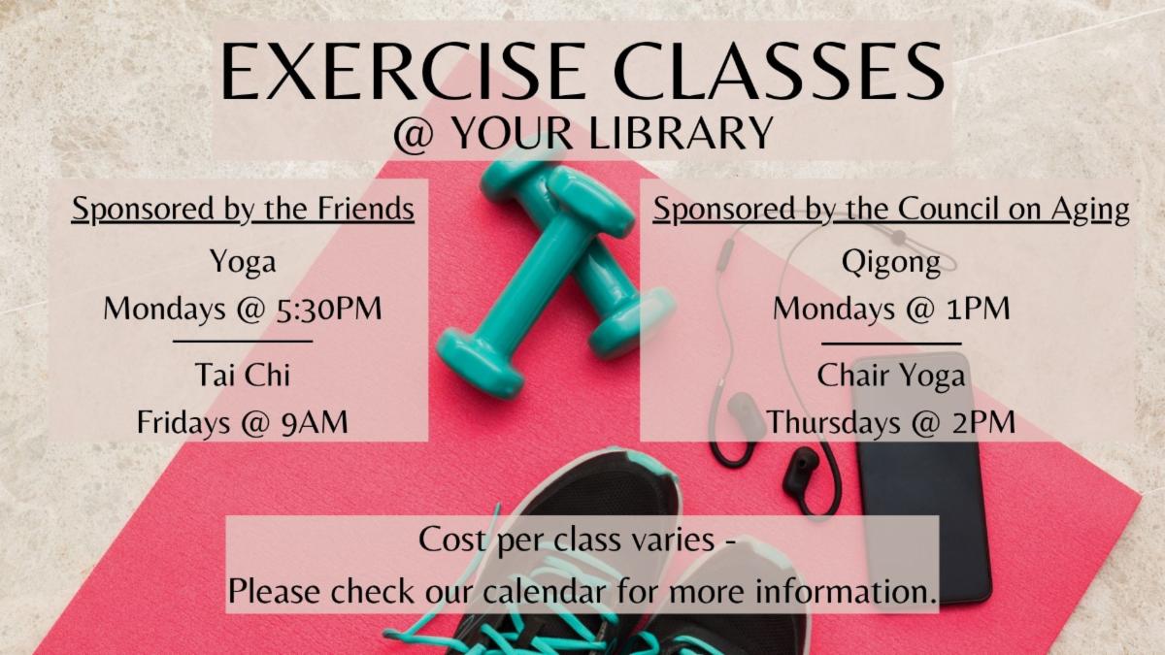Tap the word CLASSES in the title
(779, 71)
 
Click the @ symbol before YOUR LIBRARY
(414, 134)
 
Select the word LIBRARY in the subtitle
(682, 133)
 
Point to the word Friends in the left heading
(366, 209)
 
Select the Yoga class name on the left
(243, 261)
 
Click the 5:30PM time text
(329, 309)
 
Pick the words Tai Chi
(243, 375)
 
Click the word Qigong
(891, 263)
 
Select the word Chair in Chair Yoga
(850, 375)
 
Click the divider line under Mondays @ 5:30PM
(243, 342)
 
